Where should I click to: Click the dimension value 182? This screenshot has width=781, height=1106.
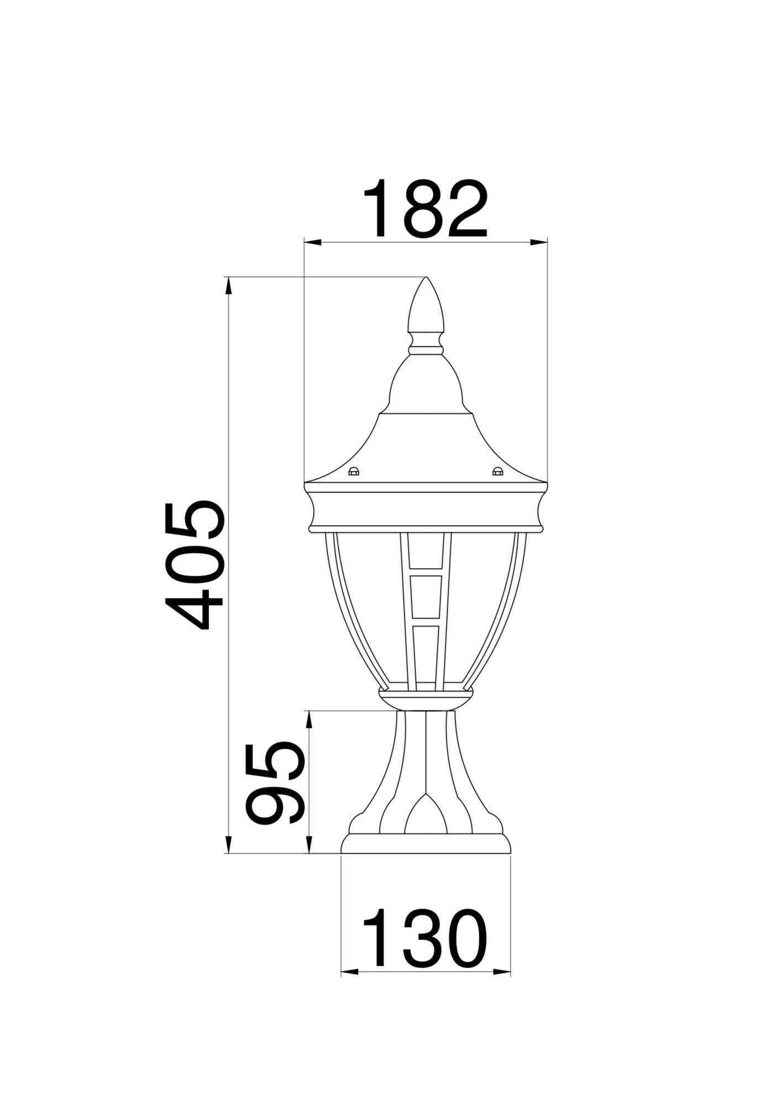tap(425, 210)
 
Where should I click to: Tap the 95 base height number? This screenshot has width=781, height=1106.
tap(275, 791)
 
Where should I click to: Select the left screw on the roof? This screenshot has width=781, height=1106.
tap(353, 456)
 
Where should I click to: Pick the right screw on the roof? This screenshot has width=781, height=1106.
tap(497, 456)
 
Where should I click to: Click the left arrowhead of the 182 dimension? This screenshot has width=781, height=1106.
tap(312, 242)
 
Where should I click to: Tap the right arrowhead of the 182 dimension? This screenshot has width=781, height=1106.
tap(539, 242)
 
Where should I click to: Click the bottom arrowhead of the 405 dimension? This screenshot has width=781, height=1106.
tap(227, 860)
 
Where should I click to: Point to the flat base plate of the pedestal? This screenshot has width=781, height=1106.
tap(426, 859)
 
